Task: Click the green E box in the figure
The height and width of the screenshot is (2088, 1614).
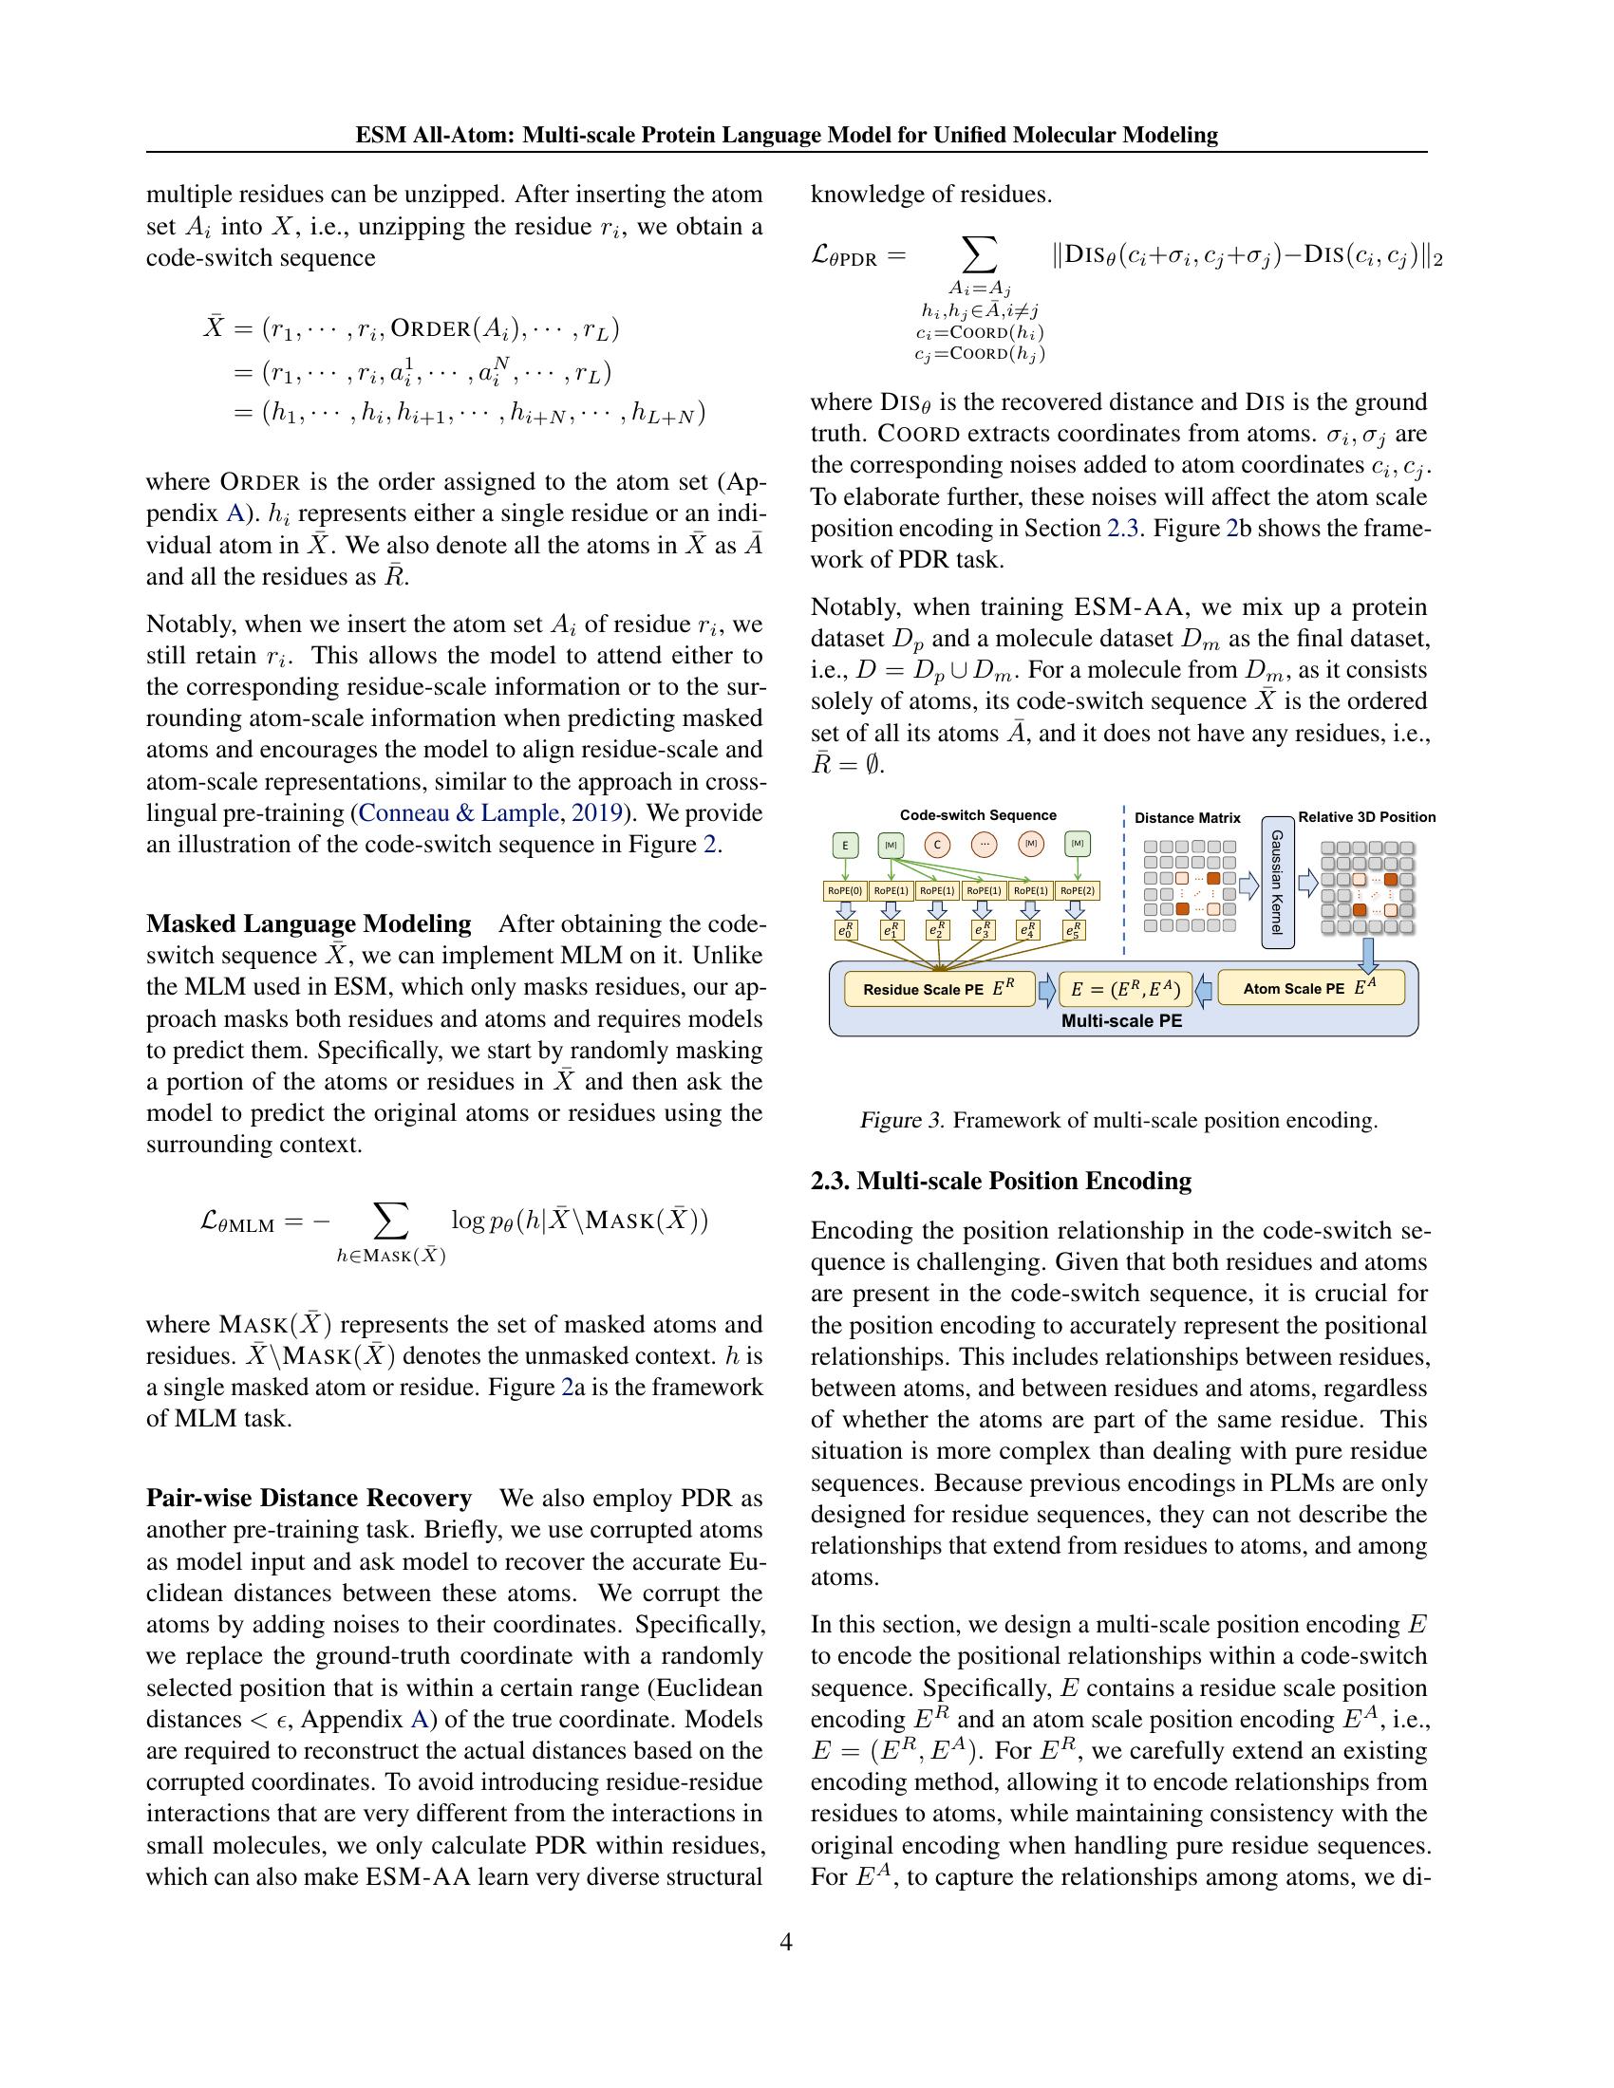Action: [x=844, y=845]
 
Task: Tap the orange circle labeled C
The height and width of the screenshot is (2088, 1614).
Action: [x=937, y=845]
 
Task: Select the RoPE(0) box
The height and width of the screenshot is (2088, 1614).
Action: [x=844, y=891]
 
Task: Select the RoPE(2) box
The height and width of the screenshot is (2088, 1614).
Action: [x=1078, y=891]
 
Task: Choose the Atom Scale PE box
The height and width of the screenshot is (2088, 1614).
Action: [x=1310, y=989]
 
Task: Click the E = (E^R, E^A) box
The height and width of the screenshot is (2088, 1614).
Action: [x=1125, y=990]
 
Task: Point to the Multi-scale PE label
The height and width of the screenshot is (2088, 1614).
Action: [x=1121, y=1021]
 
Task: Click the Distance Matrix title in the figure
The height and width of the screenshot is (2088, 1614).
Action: [x=1187, y=818]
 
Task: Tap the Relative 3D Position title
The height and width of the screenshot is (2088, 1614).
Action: [x=1366, y=817]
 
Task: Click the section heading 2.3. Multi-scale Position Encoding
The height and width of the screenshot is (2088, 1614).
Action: [x=1000, y=1181]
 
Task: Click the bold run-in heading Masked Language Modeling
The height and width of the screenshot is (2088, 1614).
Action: [x=309, y=923]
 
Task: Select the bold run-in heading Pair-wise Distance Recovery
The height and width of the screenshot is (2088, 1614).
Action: [x=309, y=1497]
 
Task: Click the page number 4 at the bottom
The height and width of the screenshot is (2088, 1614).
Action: [x=786, y=1942]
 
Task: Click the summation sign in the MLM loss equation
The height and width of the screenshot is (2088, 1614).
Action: [x=390, y=1221]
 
